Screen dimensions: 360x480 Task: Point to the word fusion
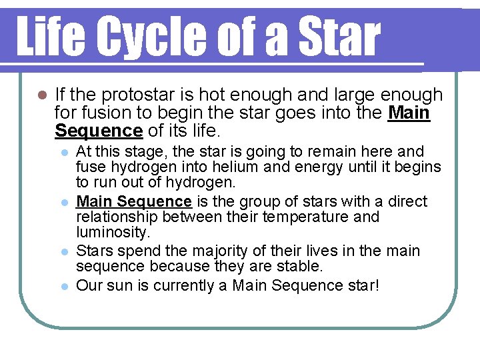(x=99, y=113)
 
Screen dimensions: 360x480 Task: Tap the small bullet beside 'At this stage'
(x=64, y=153)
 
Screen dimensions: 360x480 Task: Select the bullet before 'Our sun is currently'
(x=64, y=286)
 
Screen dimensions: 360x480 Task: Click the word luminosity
(x=112, y=232)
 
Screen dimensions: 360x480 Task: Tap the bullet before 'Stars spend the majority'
(x=64, y=252)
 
